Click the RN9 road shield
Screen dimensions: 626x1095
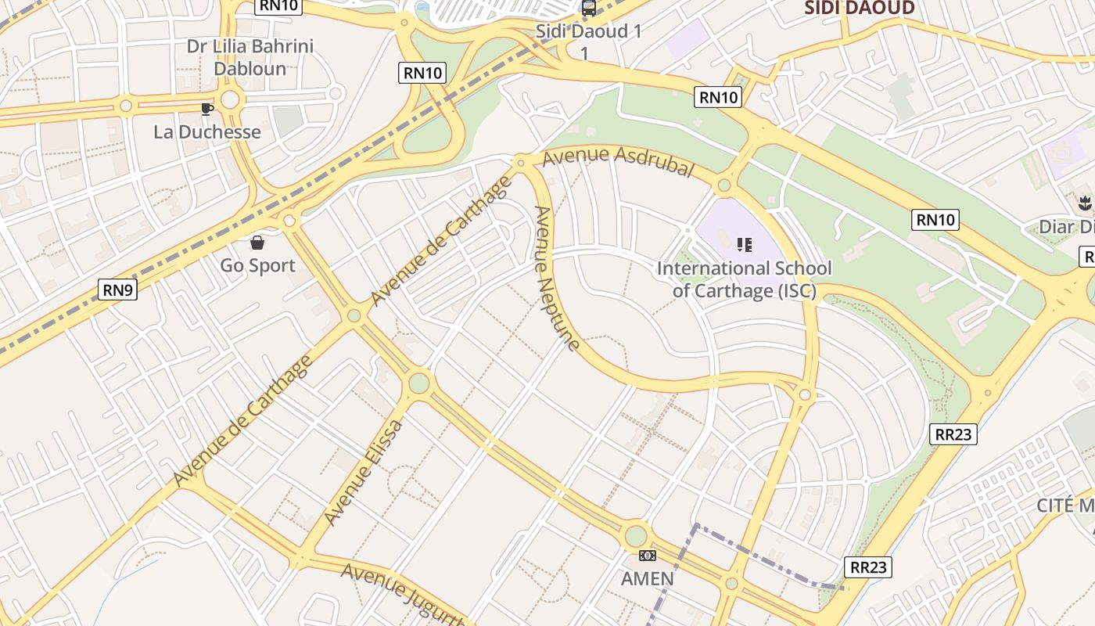[118, 290]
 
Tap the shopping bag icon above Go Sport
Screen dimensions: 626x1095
[257, 242]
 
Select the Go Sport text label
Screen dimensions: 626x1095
[257, 265]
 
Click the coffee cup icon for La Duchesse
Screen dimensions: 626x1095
[206, 109]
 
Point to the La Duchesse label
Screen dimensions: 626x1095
[207, 131]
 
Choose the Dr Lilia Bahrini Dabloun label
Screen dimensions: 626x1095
[250, 57]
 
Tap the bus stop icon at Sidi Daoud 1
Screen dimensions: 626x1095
[588, 9]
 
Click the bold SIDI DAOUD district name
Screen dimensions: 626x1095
[860, 9]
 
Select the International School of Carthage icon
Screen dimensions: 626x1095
[744, 245]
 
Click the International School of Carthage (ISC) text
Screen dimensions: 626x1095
[744, 279]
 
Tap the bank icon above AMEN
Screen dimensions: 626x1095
[647, 556]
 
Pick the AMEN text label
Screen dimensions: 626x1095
[647, 578]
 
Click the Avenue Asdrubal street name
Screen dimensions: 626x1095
[618, 160]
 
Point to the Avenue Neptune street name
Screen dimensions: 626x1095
[557, 278]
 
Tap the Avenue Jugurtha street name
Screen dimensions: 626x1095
[403, 595]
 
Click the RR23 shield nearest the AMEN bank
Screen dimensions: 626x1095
[868, 567]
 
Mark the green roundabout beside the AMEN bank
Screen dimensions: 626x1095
[636, 536]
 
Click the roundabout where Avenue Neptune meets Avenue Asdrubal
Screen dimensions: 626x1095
[521, 163]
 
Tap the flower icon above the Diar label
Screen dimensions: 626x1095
[1084, 204]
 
